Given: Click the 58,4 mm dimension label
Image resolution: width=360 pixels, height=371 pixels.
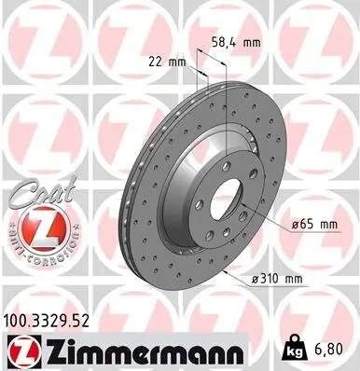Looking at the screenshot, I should click(x=232, y=42).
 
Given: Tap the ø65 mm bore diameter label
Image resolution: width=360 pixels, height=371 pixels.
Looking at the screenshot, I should click(x=312, y=224).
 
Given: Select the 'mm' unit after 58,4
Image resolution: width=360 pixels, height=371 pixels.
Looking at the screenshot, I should click(x=249, y=42).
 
